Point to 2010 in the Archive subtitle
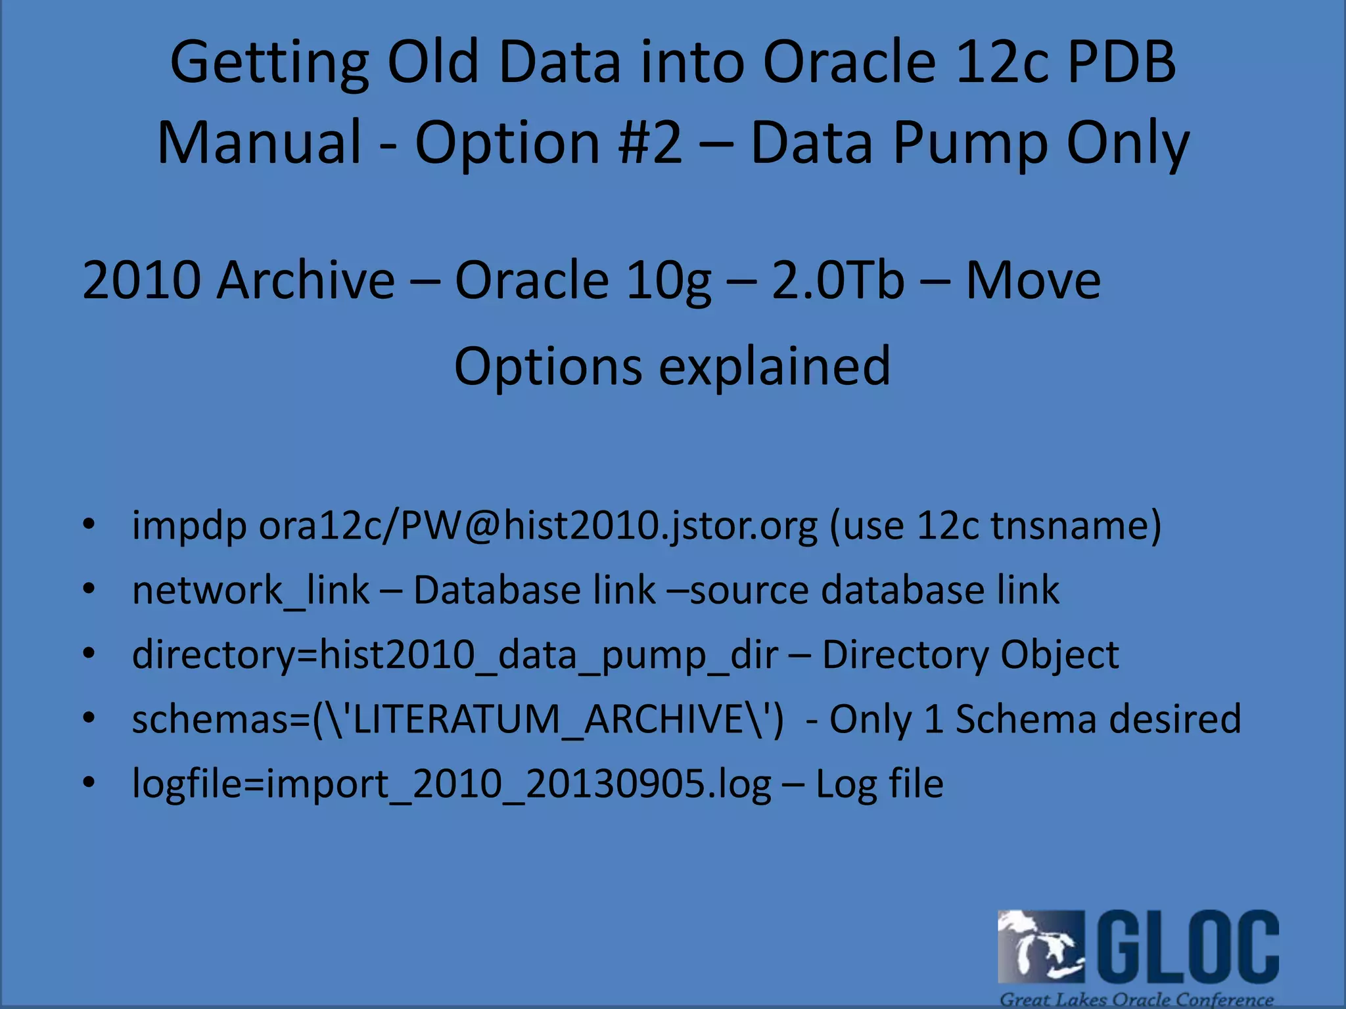[142, 280]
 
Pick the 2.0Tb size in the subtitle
[838, 280]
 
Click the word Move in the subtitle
[1033, 280]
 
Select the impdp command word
[189, 526]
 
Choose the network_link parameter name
[250, 591]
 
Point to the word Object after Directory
[1059, 654]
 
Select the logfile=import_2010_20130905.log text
[452, 784]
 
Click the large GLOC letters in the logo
[1188, 946]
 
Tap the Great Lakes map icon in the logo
[1040, 947]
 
